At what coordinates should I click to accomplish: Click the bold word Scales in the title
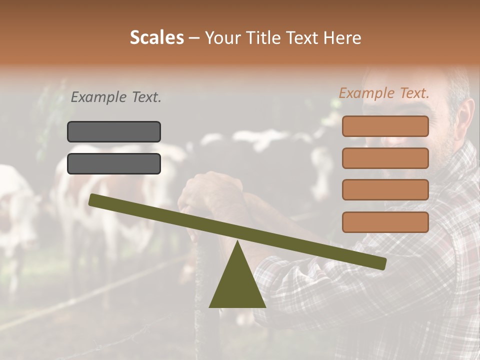point(156,37)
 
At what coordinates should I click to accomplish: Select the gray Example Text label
point(116,97)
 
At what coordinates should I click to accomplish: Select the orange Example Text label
point(384,93)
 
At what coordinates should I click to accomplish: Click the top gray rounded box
point(114,131)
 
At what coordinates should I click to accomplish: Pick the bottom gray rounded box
point(114,163)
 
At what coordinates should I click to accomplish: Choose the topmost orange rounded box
point(385,126)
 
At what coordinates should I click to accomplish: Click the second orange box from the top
point(385,158)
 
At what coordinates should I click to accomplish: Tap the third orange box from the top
point(385,190)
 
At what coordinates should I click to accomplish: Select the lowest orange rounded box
point(385,222)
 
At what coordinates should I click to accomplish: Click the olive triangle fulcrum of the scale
point(237,285)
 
